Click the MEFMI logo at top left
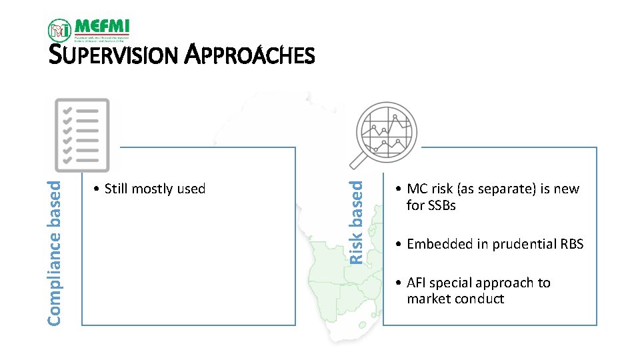point(89,30)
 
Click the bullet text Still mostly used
point(150,189)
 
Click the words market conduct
point(455,299)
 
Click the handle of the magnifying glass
point(359,161)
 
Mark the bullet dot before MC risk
point(397,189)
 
